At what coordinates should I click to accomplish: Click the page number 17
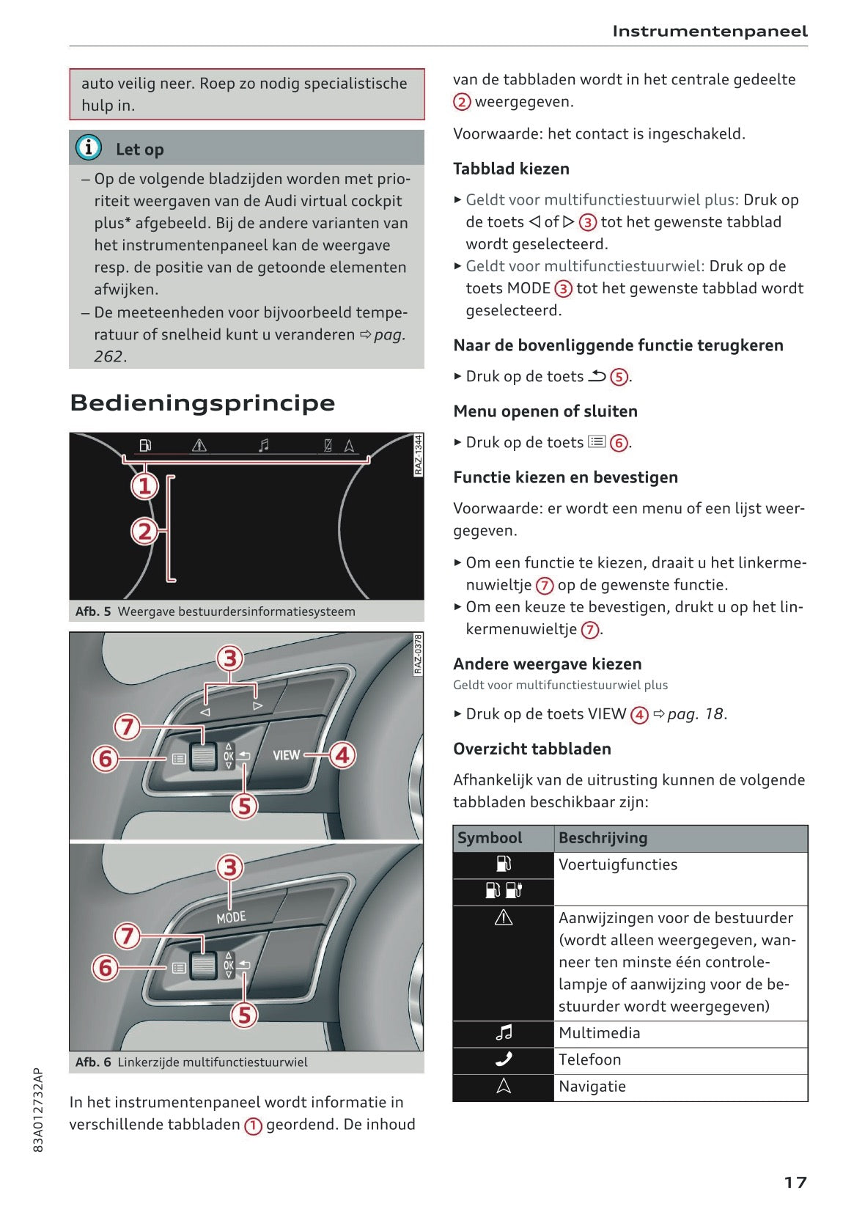[795, 1183]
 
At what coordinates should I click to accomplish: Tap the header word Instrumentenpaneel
[710, 32]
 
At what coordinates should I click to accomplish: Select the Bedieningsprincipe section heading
[202, 403]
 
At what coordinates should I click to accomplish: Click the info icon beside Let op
[89, 148]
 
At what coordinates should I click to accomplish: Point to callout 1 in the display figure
[145, 485]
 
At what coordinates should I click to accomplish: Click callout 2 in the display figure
[145, 531]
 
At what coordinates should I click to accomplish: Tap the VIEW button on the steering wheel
[286, 755]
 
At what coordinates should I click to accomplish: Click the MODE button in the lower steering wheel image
[231, 917]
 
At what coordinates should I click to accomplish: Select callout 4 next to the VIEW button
[342, 754]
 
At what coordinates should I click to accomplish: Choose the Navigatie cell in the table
[592, 1087]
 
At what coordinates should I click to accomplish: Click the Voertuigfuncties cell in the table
[618, 864]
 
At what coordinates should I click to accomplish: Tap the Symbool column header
[490, 838]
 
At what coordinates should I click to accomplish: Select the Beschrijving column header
[603, 838]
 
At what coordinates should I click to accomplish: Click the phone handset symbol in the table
[504, 1059]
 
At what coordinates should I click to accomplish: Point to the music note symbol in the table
[504, 1033]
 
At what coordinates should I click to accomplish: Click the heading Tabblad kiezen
[511, 169]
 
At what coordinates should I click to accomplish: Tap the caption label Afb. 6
[93, 1062]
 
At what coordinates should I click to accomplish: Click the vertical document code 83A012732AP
[39, 1109]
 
